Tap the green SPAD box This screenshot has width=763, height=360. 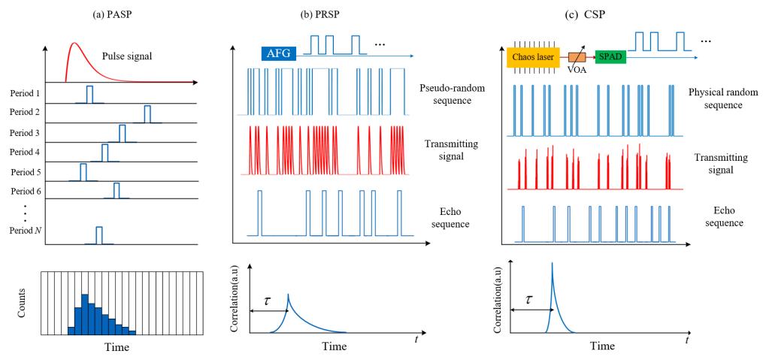[611, 56]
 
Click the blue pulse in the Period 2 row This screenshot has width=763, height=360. [147, 113]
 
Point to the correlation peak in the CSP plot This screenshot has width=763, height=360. [552, 262]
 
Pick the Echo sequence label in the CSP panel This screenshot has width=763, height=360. [716, 216]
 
